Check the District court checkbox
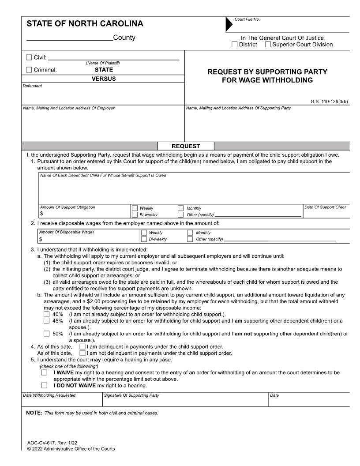235,45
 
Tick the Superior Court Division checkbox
268,45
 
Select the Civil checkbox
29,57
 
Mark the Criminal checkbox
29,69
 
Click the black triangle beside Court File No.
229,24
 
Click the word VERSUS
104,79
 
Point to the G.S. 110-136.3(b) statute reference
329,101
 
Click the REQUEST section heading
186,146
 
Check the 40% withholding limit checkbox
46,314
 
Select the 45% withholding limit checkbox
46,321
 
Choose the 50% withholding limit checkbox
46,334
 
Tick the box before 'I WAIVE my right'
44,372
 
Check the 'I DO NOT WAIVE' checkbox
44,385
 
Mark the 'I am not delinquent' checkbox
82,353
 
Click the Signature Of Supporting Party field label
131,395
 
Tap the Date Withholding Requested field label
49,395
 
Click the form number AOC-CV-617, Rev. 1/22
52,443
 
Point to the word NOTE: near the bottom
34,413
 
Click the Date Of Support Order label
325,207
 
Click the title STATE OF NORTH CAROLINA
85,24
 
